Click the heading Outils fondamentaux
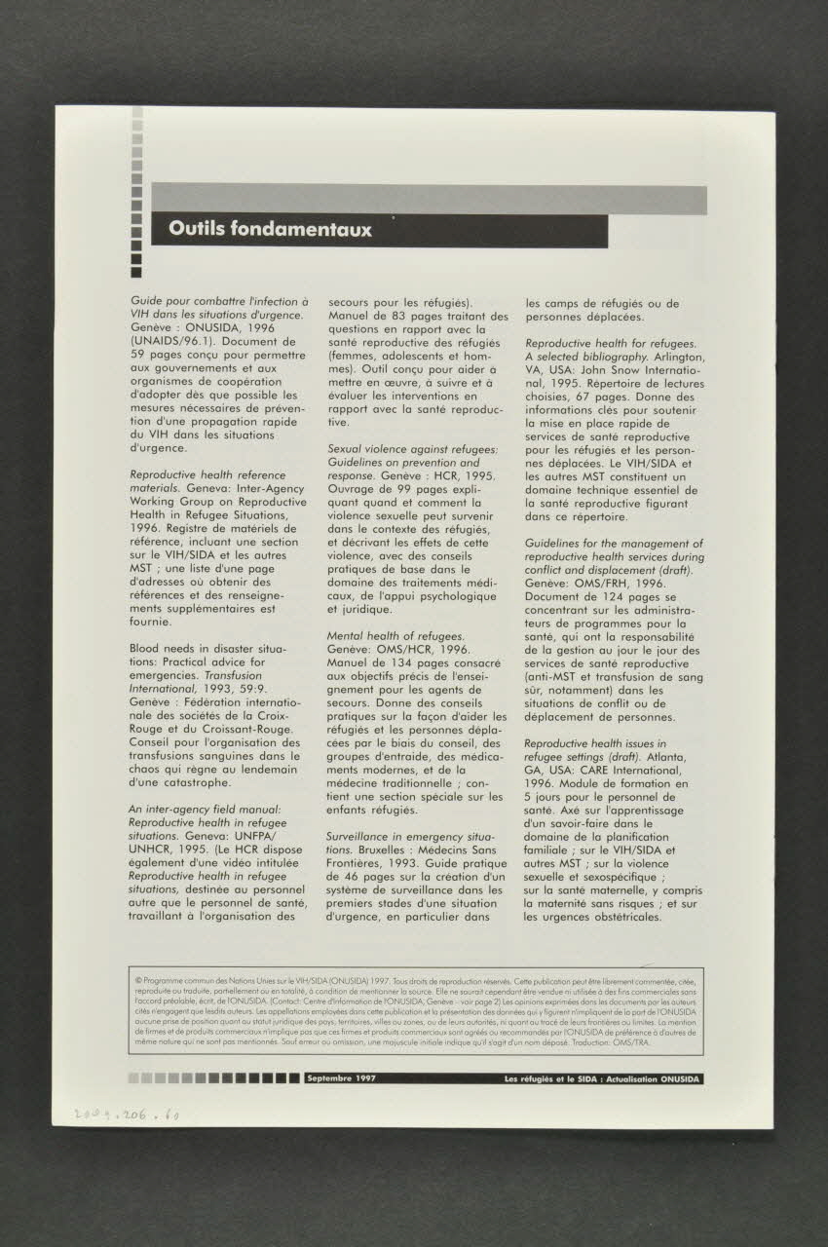(270, 230)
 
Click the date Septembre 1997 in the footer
(341, 1078)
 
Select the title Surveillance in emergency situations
(409, 838)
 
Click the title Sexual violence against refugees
(412, 448)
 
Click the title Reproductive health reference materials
(194, 473)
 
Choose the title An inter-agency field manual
(205, 809)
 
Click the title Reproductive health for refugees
(610, 344)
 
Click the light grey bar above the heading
(429, 200)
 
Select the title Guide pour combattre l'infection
(219, 302)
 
